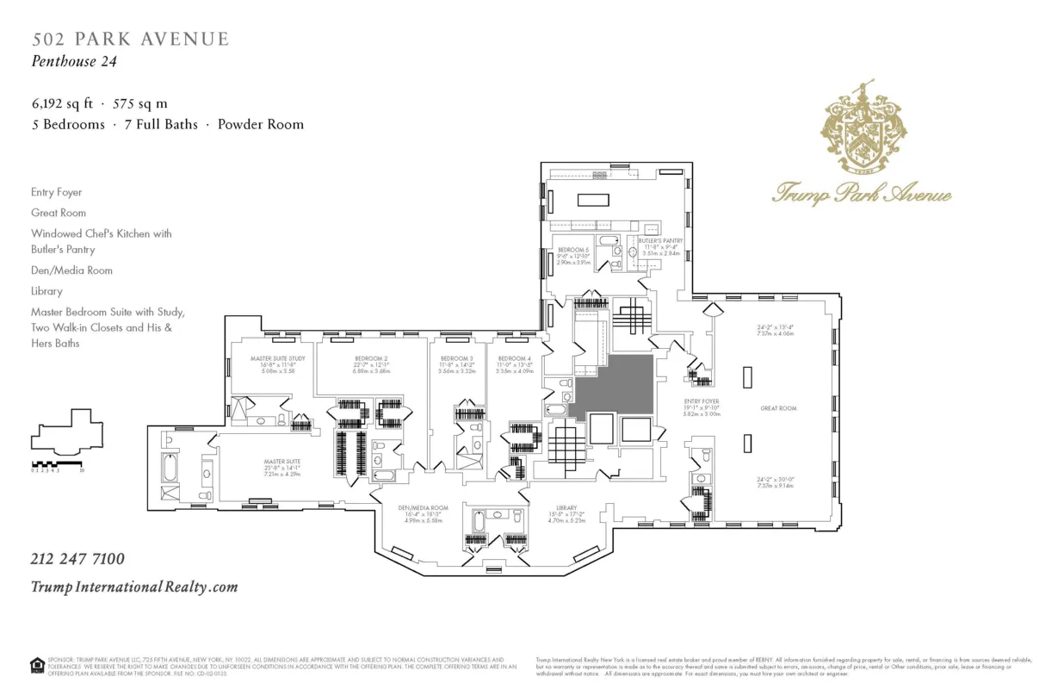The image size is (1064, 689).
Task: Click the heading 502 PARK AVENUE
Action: [x=131, y=39]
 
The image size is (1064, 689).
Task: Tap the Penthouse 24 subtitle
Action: [x=74, y=61]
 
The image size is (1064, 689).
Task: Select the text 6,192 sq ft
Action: [x=62, y=102]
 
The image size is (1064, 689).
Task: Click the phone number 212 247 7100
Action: [x=77, y=559]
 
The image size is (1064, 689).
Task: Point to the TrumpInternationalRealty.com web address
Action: [x=134, y=587]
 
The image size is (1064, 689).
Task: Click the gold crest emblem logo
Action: [x=863, y=125]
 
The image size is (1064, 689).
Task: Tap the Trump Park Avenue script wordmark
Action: [x=862, y=192]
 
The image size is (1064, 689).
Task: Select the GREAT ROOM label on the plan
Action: [x=777, y=408]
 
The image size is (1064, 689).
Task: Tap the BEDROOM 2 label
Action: [x=371, y=358]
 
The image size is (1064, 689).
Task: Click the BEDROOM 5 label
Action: [x=573, y=249]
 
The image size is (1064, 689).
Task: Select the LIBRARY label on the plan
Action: [x=566, y=508]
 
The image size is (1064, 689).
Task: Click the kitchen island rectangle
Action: [x=591, y=201]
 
